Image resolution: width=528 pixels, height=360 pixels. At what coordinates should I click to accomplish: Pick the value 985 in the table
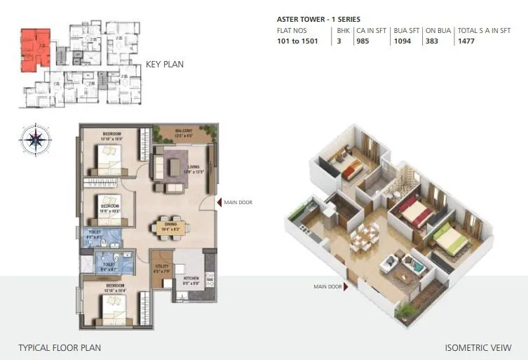[x=363, y=41]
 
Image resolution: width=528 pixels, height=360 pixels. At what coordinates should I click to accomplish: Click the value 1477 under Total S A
[x=467, y=41]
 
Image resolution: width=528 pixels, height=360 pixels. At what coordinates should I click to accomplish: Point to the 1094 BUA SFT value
[x=402, y=41]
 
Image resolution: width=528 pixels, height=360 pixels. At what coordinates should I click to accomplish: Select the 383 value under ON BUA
[x=433, y=41]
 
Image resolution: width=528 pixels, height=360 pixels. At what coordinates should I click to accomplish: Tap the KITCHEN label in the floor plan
[x=191, y=278]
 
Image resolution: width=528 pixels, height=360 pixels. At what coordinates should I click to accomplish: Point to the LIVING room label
[x=194, y=167]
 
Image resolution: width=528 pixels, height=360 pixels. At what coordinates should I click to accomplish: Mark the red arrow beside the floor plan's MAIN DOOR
[x=218, y=202]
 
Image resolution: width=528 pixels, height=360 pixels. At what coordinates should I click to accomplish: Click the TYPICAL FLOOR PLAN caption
[x=60, y=347]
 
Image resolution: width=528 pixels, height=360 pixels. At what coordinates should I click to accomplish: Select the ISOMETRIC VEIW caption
[x=478, y=347]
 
